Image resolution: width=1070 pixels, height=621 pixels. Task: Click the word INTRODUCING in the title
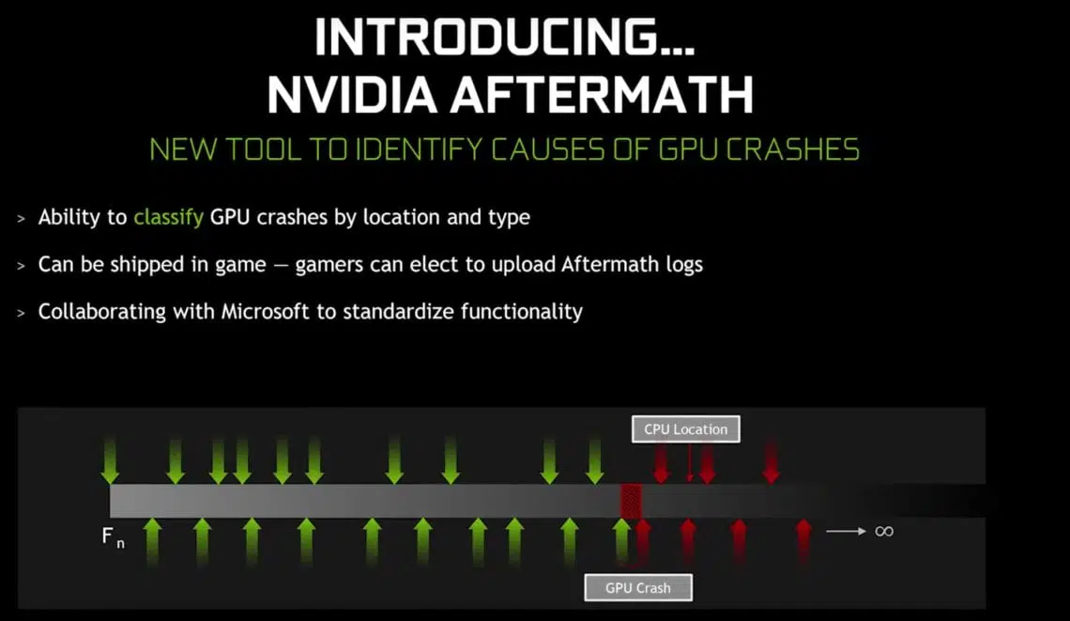coord(504,37)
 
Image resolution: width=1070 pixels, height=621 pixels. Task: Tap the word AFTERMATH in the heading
coord(602,94)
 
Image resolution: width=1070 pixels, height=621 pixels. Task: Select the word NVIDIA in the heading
coord(352,94)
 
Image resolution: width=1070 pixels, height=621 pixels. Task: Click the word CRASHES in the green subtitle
coord(792,149)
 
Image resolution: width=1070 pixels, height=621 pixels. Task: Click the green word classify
coord(169,217)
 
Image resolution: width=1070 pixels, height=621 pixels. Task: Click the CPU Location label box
coord(686,429)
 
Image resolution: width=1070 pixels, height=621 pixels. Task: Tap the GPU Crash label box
coord(638,587)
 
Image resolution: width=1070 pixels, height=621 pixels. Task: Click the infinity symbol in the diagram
coord(884,531)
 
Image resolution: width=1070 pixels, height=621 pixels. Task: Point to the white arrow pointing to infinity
coord(847,531)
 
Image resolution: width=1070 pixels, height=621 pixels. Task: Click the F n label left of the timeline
coord(113,537)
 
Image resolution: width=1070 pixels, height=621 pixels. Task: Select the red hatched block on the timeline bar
coord(631,501)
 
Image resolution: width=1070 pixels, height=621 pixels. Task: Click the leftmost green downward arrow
coord(110,461)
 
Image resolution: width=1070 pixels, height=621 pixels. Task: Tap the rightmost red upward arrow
coord(803,542)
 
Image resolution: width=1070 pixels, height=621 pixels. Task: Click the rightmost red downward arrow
coord(772,462)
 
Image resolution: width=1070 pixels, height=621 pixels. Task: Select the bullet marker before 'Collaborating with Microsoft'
coord(22,313)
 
